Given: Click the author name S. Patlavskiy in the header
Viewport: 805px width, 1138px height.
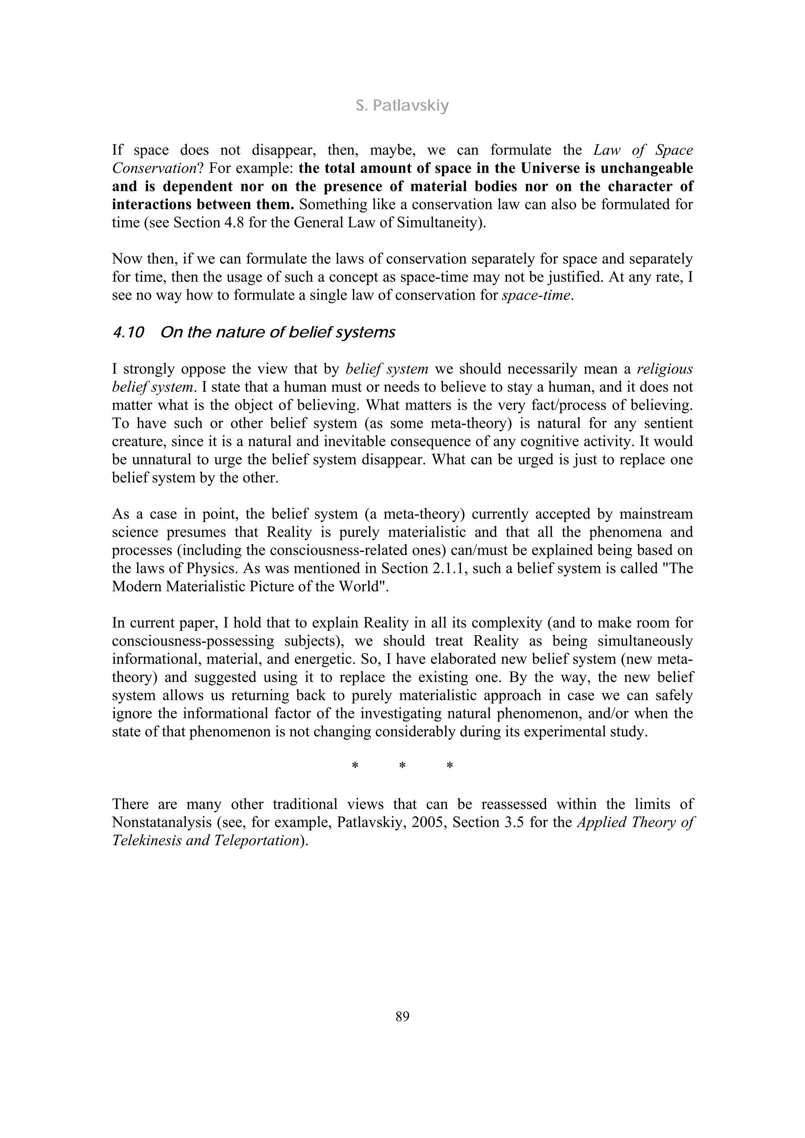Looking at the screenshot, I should [402, 106].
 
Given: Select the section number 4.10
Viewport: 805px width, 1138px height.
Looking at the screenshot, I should [128, 333].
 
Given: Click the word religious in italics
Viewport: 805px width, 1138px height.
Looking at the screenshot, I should [665, 369].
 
